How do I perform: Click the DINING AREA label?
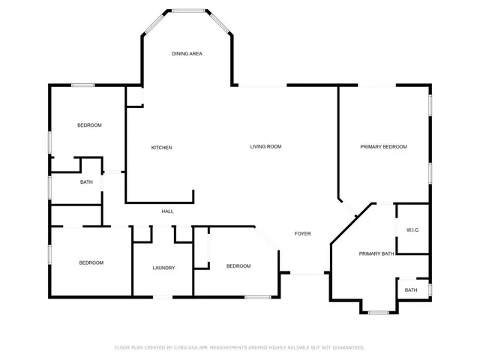pyautogui.click(x=187, y=54)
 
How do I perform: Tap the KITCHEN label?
pyautogui.click(x=161, y=148)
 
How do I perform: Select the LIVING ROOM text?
pyautogui.click(x=265, y=146)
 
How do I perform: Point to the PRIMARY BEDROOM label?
pyautogui.click(x=383, y=147)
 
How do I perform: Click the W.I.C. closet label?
pyautogui.click(x=412, y=229)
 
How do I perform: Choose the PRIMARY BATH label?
pyautogui.click(x=376, y=254)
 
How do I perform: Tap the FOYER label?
pyautogui.click(x=302, y=234)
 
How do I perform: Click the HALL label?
pyautogui.click(x=167, y=211)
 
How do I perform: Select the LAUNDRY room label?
pyautogui.click(x=163, y=268)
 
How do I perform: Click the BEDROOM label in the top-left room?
pyautogui.click(x=89, y=125)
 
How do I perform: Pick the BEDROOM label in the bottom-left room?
pyautogui.click(x=91, y=262)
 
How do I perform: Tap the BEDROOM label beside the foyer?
pyautogui.click(x=238, y=266)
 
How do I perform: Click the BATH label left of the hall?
pyautogui.click(x=86, y=182)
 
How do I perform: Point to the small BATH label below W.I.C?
pyautogui.click(x=411, y=290)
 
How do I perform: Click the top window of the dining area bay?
pyautogui.click(x=187, y=10)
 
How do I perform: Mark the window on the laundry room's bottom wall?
pyautogui.click(x=163, y=298)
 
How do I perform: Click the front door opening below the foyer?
pyautogui.click(x=305, y=274)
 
